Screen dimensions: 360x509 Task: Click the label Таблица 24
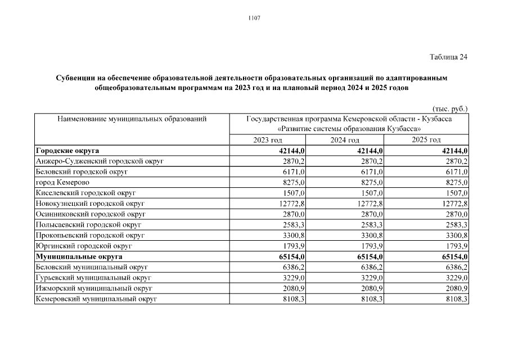pos(448,57)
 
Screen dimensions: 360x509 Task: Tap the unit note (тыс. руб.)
pos(450,108)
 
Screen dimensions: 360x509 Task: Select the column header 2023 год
pos(268,140)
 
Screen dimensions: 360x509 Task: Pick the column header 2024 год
pos(345,140)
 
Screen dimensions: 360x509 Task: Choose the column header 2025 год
pos(426,140)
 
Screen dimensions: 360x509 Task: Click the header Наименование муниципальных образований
pos(132,119)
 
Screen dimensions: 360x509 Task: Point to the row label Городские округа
pos(67,151)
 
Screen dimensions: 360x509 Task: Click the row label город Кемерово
pos(62,182)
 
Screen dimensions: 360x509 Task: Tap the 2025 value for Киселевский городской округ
pos(456,193)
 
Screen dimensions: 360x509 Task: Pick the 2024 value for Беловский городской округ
pos(372,172)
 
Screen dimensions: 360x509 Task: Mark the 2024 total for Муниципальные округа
pos(370,256)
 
